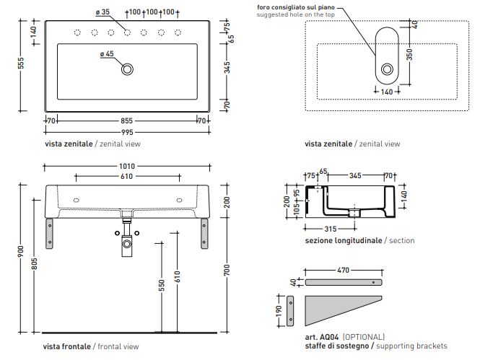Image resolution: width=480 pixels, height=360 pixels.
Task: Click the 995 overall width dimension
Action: (x=127, y=132)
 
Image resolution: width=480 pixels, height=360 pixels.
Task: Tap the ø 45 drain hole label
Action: (x=105, y=54)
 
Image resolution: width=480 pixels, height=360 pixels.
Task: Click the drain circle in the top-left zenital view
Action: (x=128, y=69)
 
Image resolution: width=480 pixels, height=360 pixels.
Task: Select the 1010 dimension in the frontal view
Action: (x=127, y=167)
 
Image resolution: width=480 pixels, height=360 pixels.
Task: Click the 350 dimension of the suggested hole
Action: (x=409, y=55)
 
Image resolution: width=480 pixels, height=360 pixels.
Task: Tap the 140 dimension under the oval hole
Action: (x=387, y=92)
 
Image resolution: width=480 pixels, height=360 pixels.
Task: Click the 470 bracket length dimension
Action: (x=344, y=270)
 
